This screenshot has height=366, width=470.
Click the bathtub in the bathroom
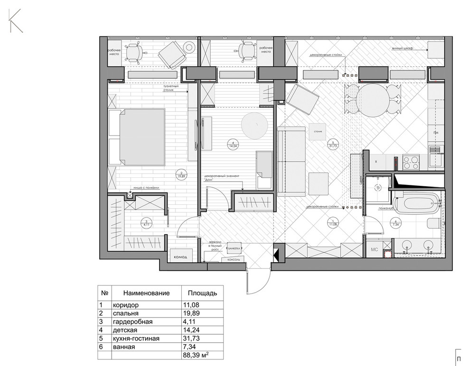(x=417, y=205)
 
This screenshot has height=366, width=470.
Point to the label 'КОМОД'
(x=181, y=257)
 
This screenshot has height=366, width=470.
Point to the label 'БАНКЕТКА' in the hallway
(x=234, y=248)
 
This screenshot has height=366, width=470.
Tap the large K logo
(x=15, y=21)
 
